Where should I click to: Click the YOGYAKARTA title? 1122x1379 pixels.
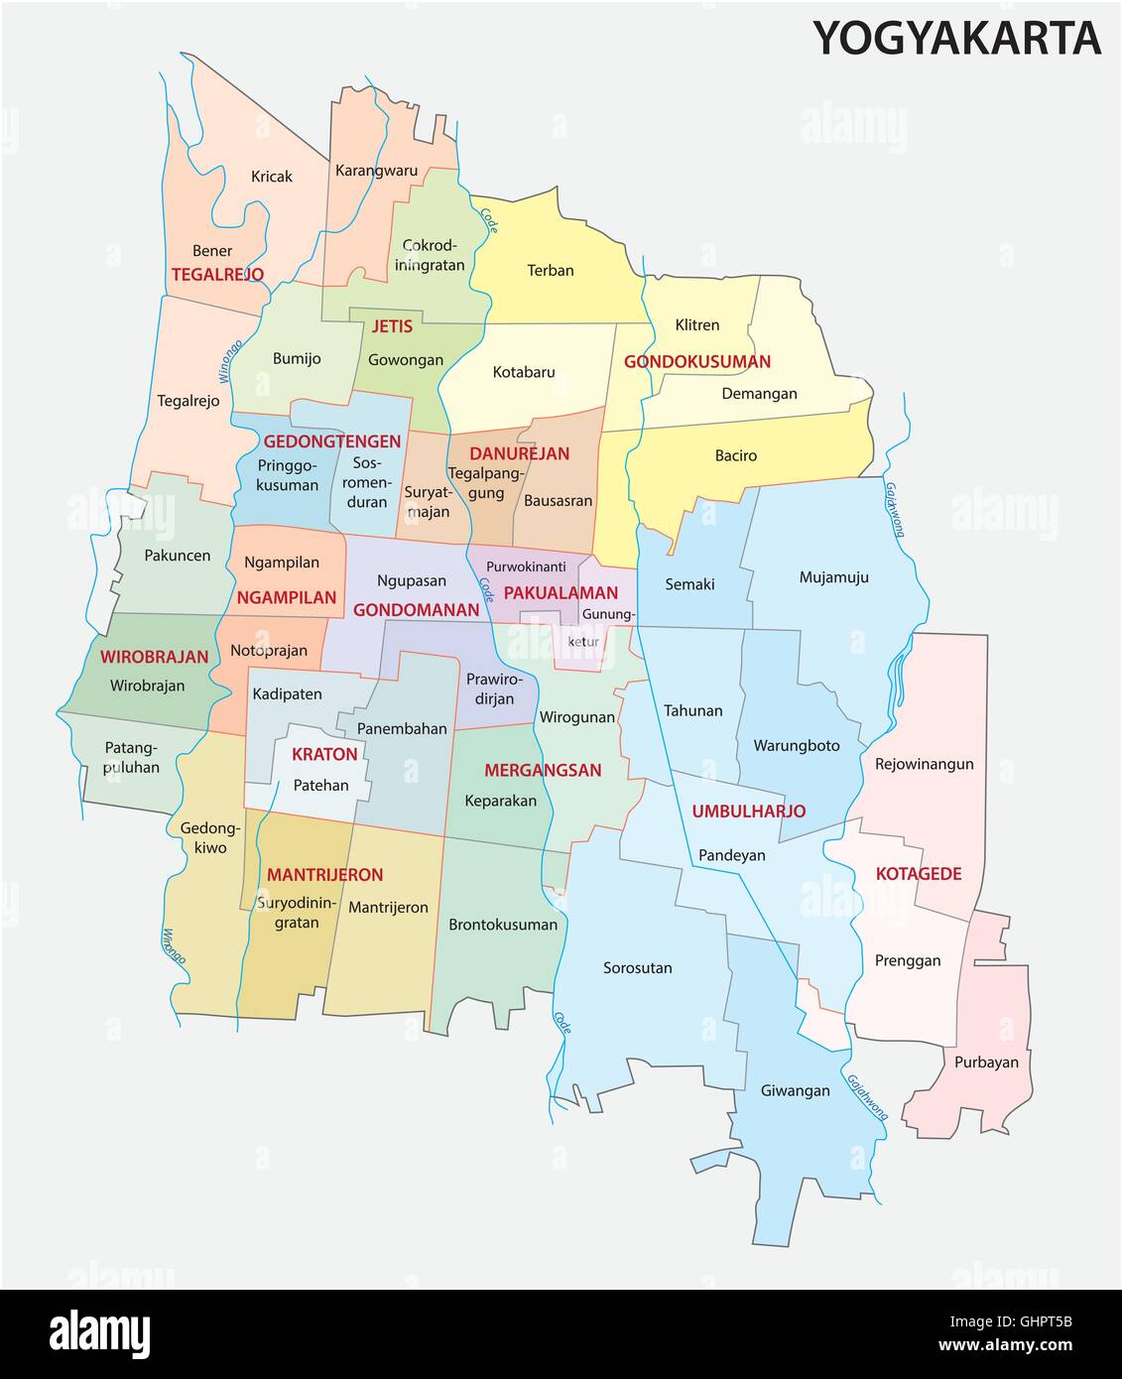pos(956,39)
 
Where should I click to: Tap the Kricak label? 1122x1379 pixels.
pos(271,177)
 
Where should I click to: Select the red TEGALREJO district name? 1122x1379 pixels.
pos(217,274)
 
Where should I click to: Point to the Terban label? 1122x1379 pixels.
pos(550,270)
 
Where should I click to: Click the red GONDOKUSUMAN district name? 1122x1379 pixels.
pos(696,362)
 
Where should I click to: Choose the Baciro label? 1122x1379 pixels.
pos(735,455)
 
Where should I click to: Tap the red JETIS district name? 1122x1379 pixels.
pos(392,326)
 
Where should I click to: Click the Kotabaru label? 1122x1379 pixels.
pos(524,373)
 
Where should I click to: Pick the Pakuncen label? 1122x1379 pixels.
pos(177,556)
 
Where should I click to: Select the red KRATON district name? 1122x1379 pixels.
pos(324,754)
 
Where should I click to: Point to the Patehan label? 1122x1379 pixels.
pos(321,785)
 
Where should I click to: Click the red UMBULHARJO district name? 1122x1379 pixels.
pos(748,811)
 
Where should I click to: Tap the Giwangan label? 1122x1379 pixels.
pos(795,1090)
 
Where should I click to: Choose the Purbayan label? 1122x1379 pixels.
pos(986,1062)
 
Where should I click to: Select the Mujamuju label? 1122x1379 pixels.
pos(833,576)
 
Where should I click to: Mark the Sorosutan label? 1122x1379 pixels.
pos(637,967)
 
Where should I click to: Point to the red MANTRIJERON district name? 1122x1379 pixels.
pos(324,875)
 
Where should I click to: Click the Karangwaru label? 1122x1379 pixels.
pos(376,171)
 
